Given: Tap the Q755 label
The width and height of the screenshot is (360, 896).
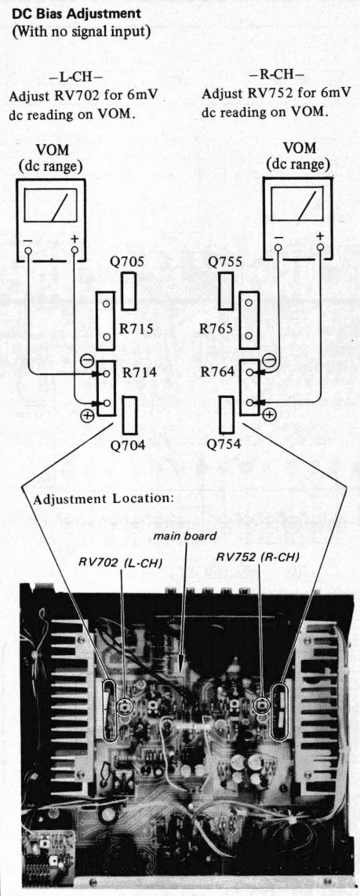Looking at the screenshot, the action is tap(225, 263).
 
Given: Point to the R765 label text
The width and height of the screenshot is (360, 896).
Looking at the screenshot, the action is tap(216, 330).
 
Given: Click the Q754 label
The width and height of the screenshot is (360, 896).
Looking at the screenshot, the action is tap(224, 444).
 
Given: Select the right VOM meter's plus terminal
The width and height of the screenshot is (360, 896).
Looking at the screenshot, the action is tap(320, 247).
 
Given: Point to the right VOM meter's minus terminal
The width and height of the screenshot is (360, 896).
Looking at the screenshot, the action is tap(278, 248).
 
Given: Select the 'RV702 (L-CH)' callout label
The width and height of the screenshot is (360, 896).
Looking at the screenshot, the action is tap(120, 563).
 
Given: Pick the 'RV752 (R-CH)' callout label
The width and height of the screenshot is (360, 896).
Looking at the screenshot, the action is tap(257, 556).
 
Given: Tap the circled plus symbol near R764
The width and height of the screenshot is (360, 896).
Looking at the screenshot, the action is tap(269, 415).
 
